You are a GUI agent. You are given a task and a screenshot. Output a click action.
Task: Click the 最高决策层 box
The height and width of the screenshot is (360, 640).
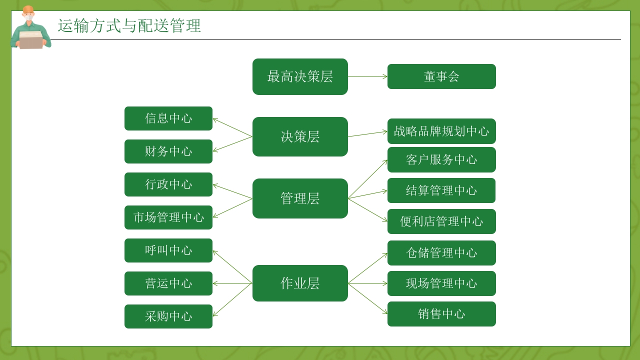300,76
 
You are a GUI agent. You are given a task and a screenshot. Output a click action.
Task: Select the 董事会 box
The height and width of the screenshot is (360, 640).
441,76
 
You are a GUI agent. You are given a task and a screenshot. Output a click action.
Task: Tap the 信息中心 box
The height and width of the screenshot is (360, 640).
168,118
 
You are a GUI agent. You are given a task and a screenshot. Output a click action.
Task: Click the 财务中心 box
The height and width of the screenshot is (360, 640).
168,151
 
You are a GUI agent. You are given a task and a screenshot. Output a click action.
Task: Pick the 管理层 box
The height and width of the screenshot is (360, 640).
300,198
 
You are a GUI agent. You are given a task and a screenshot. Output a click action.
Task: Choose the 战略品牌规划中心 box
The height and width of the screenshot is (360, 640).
441,131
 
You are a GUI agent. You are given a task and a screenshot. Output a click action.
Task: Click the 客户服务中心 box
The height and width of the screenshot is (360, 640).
441,160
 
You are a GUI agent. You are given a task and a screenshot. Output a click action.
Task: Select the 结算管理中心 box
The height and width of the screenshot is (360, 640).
441,190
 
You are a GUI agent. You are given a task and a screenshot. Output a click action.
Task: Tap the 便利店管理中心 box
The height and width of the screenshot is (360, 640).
441,221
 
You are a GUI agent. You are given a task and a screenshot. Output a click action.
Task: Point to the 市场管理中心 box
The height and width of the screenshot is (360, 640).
168,217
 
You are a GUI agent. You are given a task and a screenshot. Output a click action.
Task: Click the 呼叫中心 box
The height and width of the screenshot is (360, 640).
168,250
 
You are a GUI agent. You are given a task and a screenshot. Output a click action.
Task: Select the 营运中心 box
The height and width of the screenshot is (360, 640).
168,283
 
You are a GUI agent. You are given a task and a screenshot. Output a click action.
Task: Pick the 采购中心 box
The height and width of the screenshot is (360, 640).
168,316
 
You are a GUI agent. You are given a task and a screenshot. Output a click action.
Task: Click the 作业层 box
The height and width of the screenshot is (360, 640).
300,283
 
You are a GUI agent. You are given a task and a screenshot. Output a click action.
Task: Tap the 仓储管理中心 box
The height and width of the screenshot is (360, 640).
441,253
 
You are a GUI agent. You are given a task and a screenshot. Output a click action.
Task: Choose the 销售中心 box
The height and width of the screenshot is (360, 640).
441,314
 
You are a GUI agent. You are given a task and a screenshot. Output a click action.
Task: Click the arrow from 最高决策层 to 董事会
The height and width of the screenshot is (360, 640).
367,76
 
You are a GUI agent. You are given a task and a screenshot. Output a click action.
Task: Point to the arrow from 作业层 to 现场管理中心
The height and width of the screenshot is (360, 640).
367,283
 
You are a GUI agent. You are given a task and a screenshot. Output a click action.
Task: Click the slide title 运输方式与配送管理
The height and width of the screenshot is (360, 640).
129,26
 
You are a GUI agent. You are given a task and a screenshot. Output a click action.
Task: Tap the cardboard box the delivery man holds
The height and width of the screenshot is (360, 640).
31,41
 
